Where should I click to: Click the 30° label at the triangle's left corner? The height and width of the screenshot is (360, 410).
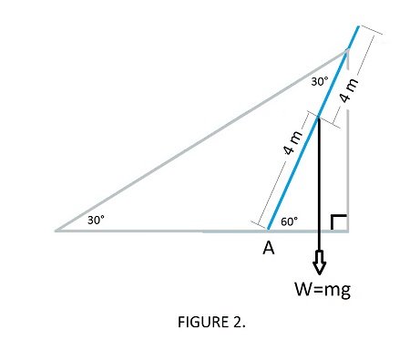click(97, 220)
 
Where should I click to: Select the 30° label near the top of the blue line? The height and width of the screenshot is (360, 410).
click(319, 82)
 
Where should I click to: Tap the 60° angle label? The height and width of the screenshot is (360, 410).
click(290, 221)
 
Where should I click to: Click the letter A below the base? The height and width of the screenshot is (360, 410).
click(269, 248)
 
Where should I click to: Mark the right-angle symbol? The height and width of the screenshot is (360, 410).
click(338, 222)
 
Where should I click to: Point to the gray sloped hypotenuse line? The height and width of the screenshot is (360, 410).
click(200, 141)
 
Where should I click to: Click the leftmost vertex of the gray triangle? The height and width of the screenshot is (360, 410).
click(56, 231)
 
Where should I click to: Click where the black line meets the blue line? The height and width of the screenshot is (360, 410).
click(318, 116)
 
